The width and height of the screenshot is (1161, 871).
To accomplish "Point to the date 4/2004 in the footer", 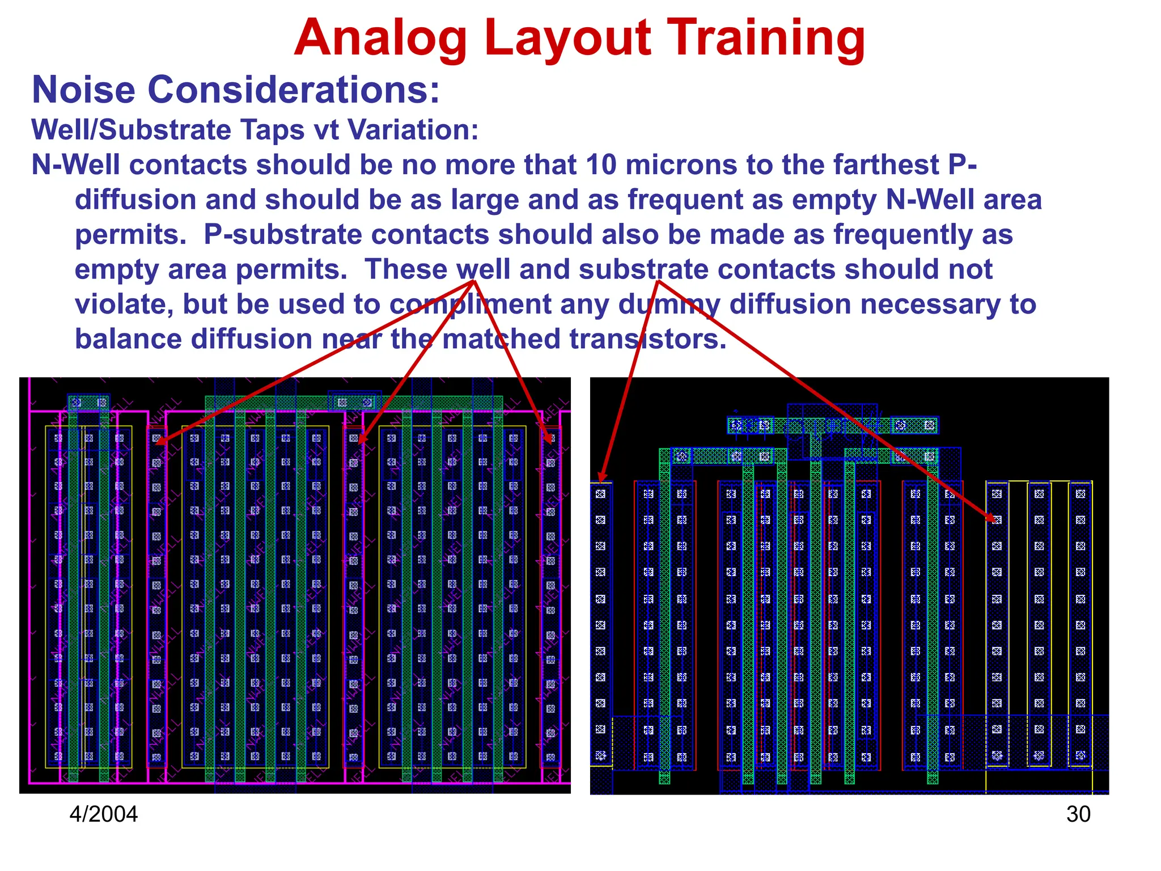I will pyautogui.click(x=103, y=814).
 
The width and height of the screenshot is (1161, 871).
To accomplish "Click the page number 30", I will pyautogui.click(x=1078, y=814).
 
